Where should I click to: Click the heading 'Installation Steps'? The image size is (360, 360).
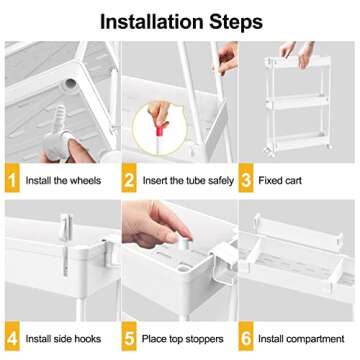[x=180, y=19]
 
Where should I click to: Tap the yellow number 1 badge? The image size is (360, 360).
[x=11, y=182]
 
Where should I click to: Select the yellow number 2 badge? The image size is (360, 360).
[x=130, y=182]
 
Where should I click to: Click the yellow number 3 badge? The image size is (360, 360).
[x=250, y=182]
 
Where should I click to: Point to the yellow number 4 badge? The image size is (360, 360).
[x=11, y=337]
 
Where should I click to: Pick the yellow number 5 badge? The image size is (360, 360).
[x=130, y=337]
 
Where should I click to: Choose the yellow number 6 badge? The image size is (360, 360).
[x=250, y=337]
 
